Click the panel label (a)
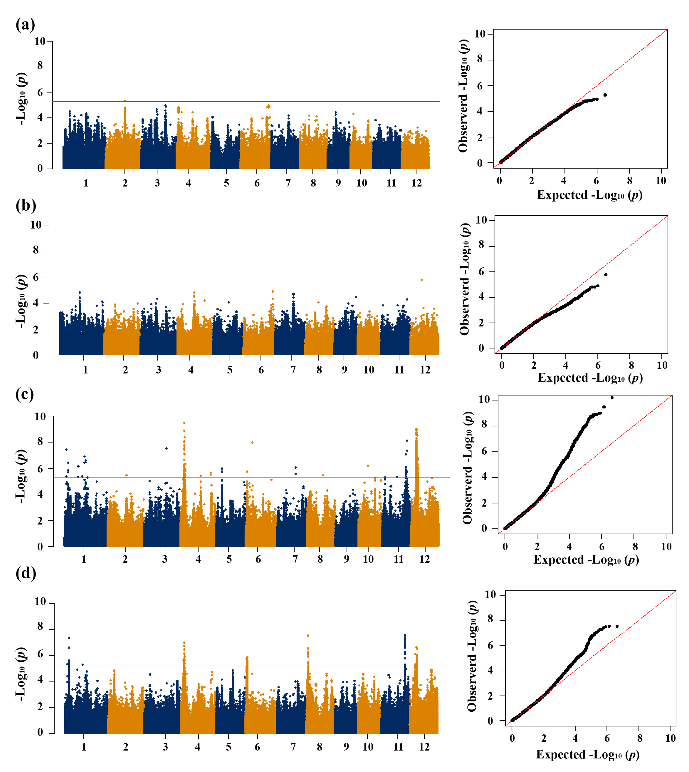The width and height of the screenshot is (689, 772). point(25,25)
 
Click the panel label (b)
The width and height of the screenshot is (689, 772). point(26,205)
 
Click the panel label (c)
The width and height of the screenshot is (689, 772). point(25,394)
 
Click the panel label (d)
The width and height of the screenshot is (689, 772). point(26,573)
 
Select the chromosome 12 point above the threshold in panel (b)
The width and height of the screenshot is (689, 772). point(422,280)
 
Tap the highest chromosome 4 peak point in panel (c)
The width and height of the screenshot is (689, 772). point(184,423)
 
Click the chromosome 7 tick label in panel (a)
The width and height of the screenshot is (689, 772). point(288,183)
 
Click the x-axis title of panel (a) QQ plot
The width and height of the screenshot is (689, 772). point(589,195)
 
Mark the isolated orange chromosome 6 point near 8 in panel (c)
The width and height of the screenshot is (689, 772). point(252,442)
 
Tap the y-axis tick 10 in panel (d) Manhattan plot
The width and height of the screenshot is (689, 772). point(40,602)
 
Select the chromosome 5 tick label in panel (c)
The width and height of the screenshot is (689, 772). point(229,559)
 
